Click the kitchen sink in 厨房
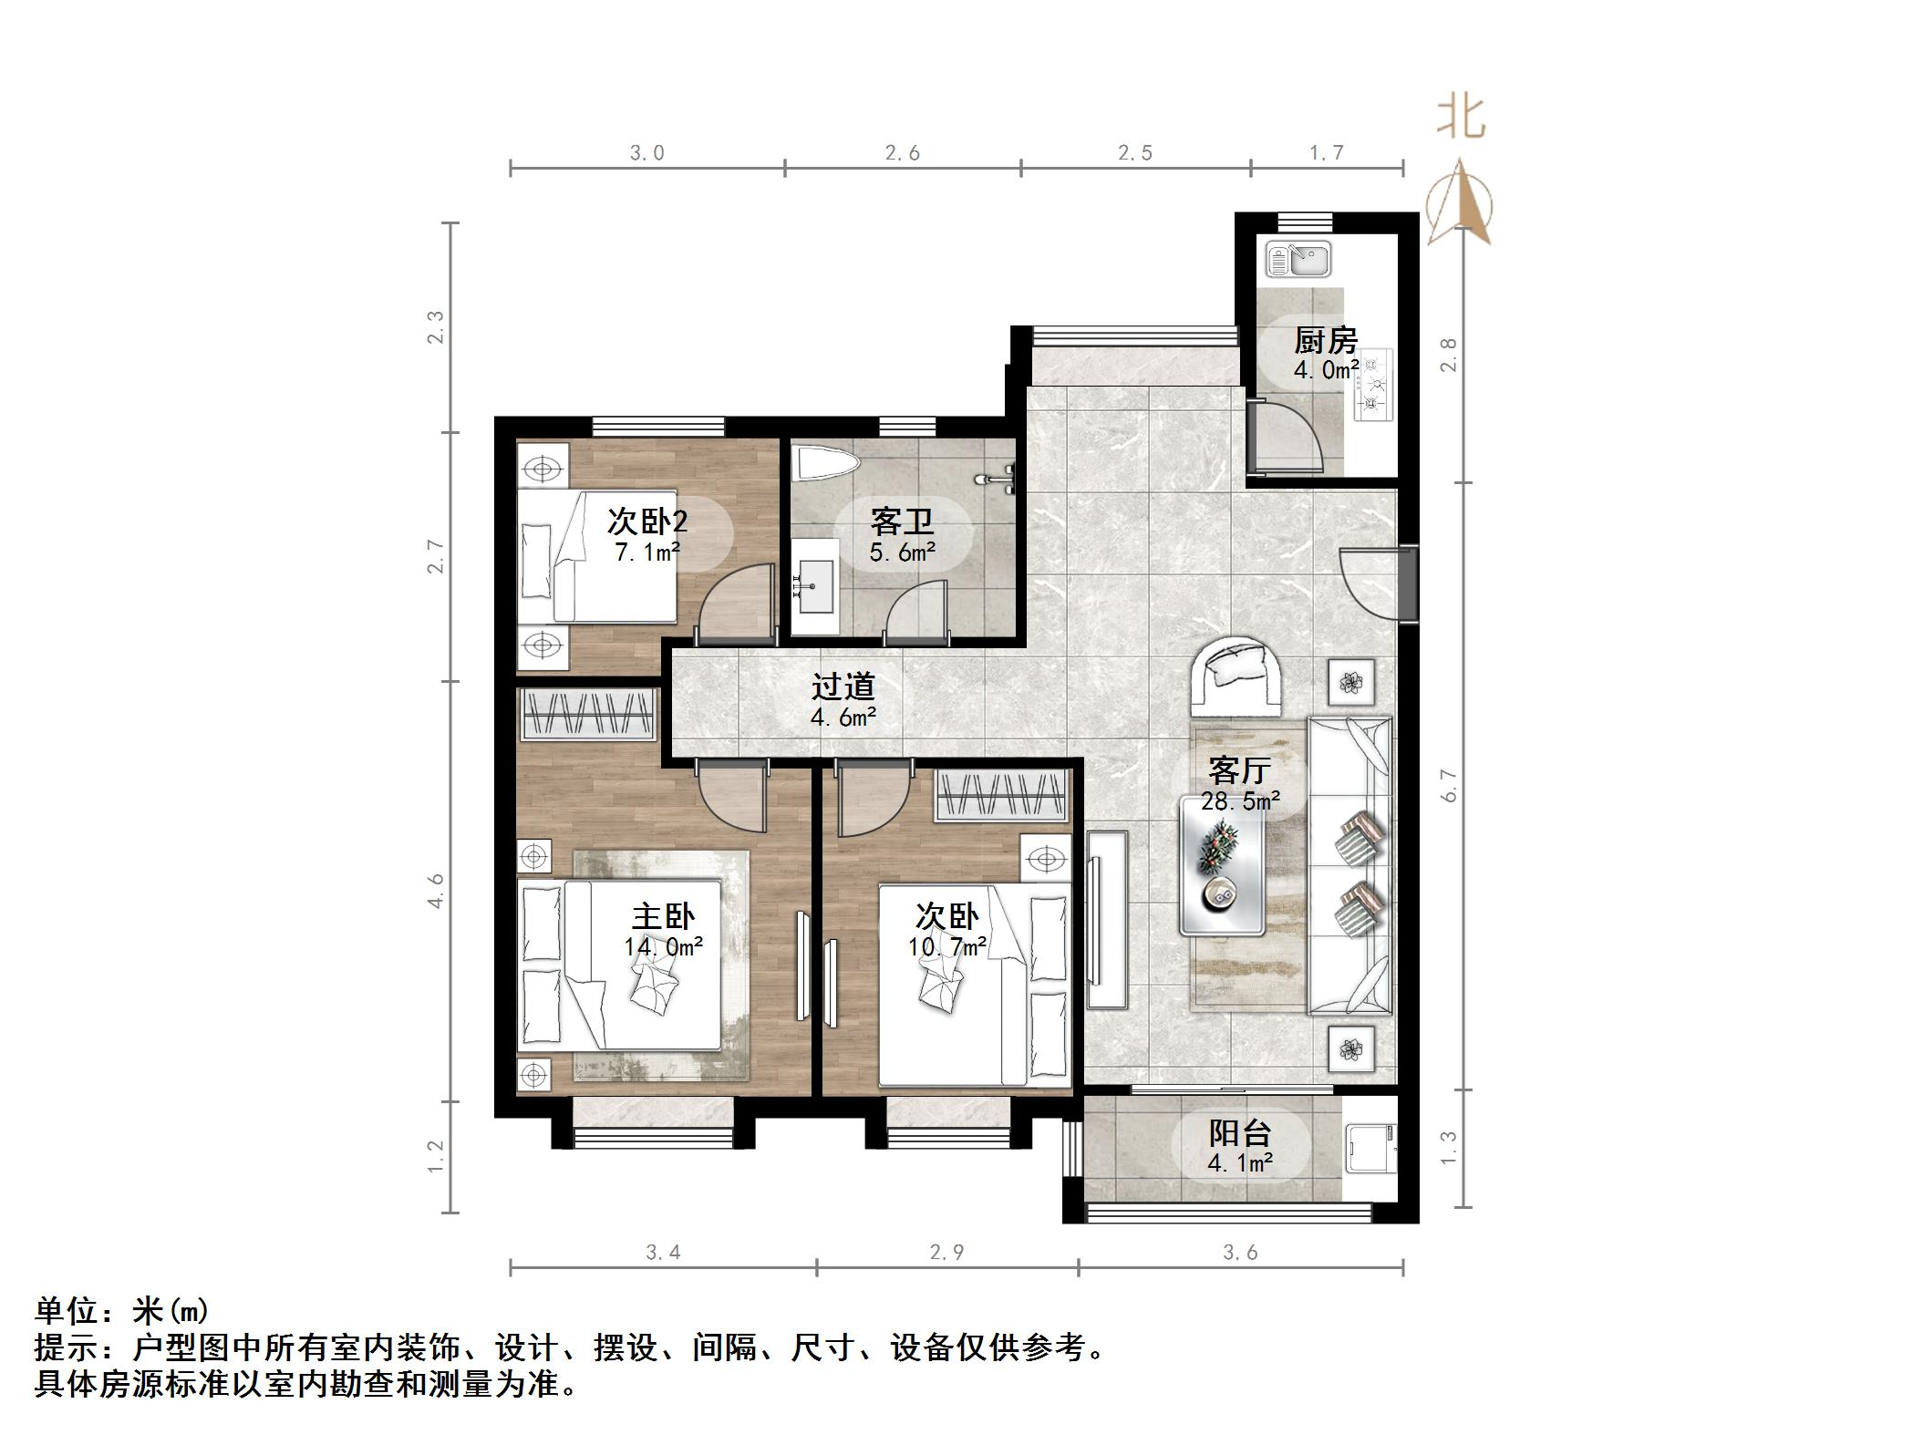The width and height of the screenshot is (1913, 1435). pos(1298,259)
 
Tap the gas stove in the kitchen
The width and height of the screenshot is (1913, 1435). pos(1374,385)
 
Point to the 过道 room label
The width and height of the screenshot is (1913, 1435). pos(843,686)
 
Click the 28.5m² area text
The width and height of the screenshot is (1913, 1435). pos(1240,801)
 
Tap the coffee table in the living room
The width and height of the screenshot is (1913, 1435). pos(1222,865)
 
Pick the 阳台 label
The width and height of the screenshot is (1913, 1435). pos(1240,1133)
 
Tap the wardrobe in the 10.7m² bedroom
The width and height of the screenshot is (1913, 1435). pos(1000,795)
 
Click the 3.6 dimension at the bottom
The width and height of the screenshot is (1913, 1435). pos(1240,1253)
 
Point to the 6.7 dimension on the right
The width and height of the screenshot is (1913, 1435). pos(1449,785)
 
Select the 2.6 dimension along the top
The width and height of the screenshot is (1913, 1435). pos(902,153)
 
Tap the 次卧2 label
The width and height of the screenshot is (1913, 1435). pos(646,521)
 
